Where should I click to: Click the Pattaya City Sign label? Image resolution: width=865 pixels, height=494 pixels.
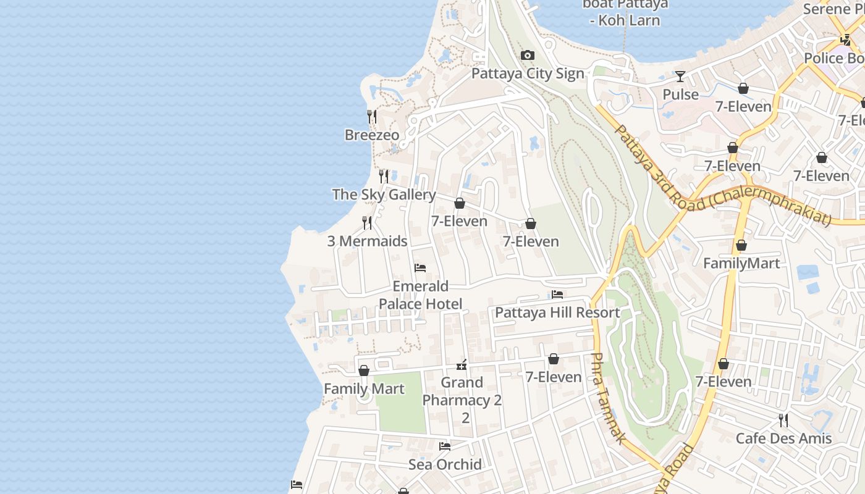527,73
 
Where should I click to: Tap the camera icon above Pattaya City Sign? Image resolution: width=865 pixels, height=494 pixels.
527,56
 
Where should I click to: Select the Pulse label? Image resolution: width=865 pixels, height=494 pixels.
680,94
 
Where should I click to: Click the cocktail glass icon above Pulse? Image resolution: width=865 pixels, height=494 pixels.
680,77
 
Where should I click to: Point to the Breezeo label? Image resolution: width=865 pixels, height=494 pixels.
372,135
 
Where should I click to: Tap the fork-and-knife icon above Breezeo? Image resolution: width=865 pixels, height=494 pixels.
372,116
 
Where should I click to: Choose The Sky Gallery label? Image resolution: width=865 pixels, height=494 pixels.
384,195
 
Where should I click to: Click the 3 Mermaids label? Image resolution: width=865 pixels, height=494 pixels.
367,241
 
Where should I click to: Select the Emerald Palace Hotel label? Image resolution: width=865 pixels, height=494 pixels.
420,295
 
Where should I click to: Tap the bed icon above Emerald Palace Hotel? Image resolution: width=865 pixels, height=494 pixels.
420,268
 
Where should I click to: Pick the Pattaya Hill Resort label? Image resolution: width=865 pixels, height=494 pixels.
557,312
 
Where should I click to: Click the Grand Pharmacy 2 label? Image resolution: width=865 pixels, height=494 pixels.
462,391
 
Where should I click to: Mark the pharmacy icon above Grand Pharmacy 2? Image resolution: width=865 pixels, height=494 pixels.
462,365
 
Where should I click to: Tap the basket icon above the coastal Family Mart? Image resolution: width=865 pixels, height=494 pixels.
364,371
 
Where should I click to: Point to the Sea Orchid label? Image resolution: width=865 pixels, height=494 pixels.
445,464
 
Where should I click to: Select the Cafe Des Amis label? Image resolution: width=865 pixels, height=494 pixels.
783,438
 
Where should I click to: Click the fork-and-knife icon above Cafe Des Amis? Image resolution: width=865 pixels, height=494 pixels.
783,421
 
